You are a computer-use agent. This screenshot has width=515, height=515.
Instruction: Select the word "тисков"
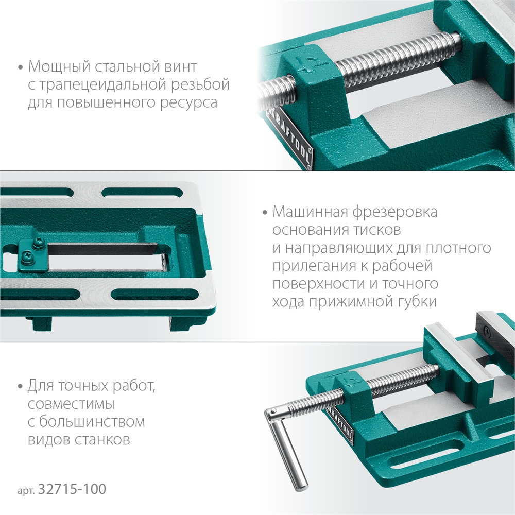[x=379, y=230]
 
